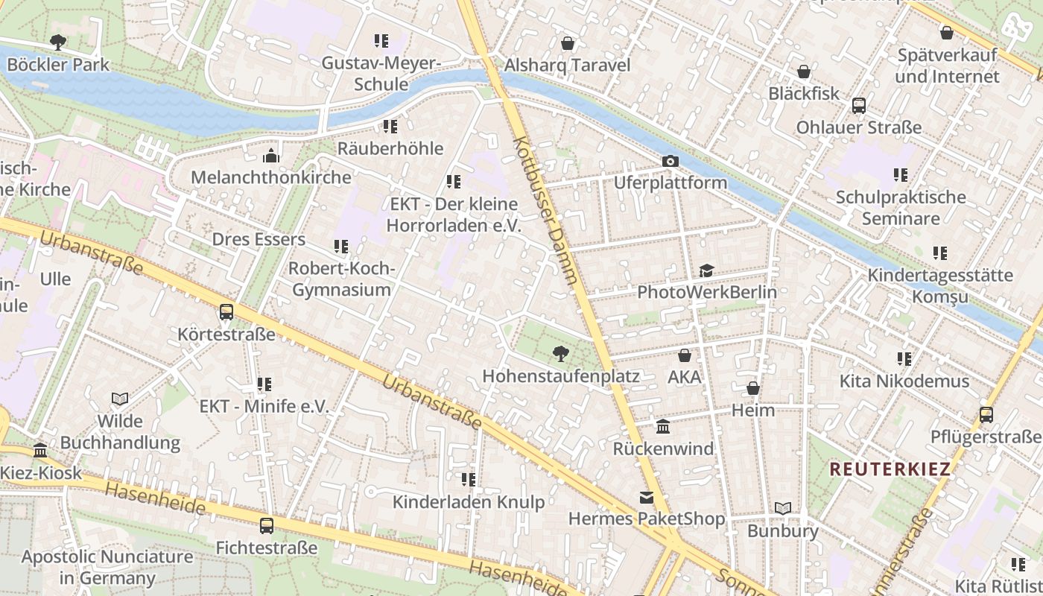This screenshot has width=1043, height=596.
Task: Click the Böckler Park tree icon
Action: (57, 42)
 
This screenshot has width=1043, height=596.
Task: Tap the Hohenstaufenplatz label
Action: (560, 376)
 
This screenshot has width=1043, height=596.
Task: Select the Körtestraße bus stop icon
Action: (226, 312)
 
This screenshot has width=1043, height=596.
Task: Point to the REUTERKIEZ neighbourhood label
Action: (890, 469)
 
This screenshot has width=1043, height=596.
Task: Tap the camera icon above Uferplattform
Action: (670, 161)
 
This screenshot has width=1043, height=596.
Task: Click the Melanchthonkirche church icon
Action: (271, 156)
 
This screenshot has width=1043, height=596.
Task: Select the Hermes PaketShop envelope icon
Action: (646, 497)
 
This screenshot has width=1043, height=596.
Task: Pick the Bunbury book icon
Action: (782, 509)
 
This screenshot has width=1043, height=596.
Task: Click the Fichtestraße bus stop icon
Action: (266, 526)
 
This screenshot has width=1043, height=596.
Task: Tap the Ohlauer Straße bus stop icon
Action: (858, 106)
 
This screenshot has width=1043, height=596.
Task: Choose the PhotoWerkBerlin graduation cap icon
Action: (706, 270)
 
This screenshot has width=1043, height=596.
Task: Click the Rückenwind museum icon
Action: (663, 427)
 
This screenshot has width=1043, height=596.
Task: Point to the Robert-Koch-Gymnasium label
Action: (341, 279)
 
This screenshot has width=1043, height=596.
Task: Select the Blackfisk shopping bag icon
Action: (804, 72)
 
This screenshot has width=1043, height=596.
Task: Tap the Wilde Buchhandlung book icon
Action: (120, 399)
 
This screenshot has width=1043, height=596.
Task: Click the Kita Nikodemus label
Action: (904, 381)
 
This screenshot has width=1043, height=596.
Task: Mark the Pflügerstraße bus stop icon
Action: (986, 415)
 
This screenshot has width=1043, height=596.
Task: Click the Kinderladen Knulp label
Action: (469, 502)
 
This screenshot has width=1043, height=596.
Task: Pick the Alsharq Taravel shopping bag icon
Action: (568, 43)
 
